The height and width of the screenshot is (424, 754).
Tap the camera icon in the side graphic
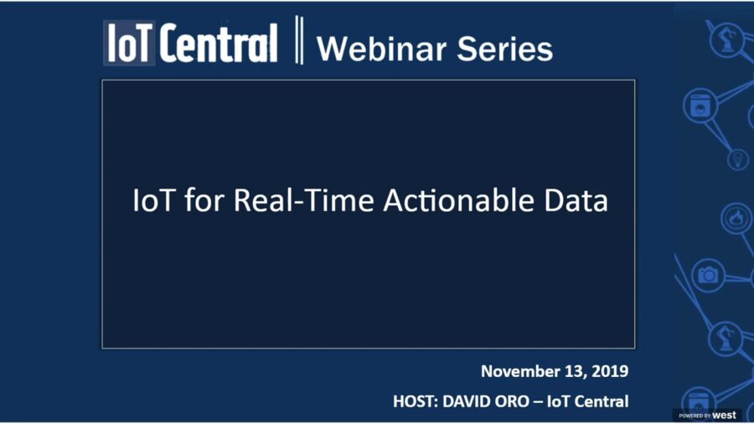[x=708, y=275]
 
